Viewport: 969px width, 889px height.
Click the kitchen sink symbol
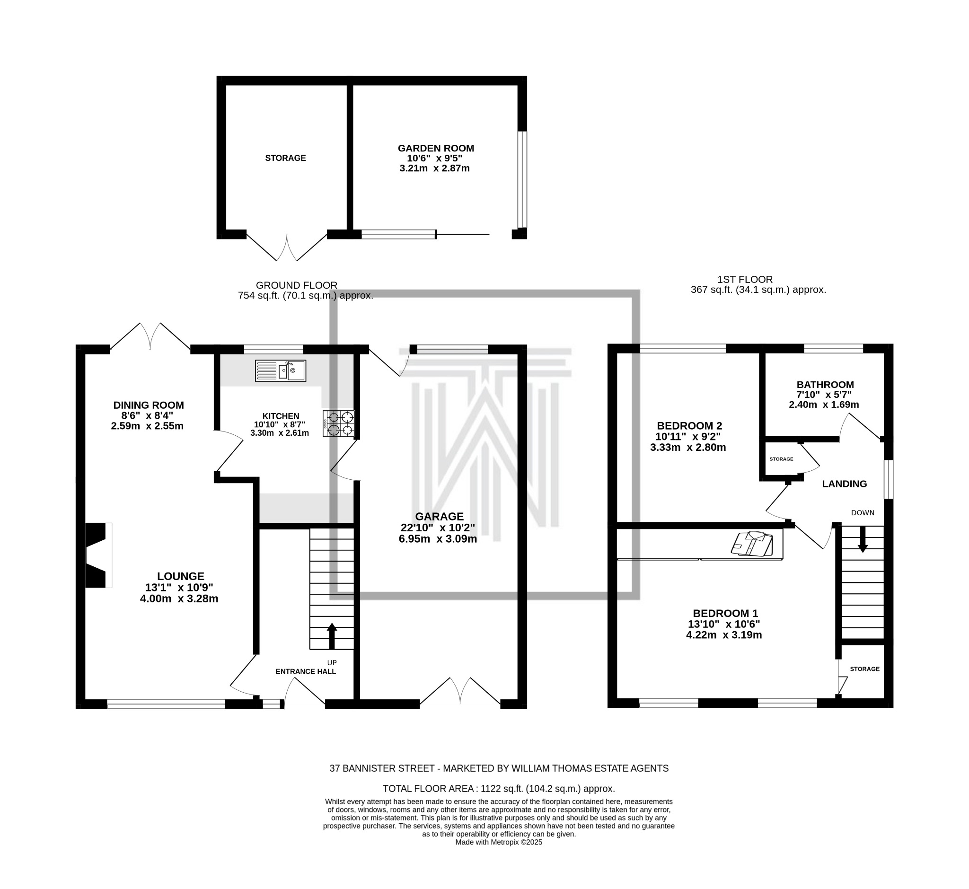coord(281,371)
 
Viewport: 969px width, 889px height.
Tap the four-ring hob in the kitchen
coord(339,423)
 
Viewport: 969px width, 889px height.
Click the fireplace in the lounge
coord(98,555)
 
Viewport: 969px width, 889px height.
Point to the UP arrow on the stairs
coord(332,636)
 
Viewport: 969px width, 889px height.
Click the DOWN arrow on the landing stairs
coord(863,539)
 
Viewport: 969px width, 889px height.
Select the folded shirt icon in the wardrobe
coord(751,544)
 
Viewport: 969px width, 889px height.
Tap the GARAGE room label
coord(439,517)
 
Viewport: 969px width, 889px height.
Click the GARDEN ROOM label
coord(436,148)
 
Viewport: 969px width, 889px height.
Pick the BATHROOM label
coord(825,385)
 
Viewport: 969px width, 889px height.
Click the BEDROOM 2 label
coord(689,426)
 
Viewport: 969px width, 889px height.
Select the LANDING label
coord(845,484)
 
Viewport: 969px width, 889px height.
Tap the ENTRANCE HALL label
coord(306,671)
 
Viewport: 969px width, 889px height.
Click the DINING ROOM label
coord(149,405)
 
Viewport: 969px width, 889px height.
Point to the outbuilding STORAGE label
coord(285,158)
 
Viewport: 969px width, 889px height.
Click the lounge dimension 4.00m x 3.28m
coord(179,599)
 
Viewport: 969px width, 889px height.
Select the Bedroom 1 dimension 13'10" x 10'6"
coord(724,625)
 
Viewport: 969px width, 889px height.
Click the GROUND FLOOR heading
coord(296,285)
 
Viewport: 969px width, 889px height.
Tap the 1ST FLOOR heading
coord(745,280)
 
